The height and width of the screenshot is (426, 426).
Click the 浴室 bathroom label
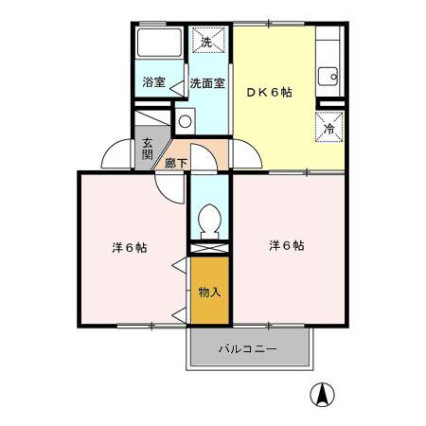(x=154, y=82)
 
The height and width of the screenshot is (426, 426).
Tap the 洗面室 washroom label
(x=206, y=82)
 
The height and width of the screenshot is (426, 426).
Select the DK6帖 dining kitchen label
(x=269, y=92)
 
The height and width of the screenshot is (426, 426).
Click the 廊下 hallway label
(x=176, y=163)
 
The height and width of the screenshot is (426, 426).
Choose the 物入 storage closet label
(x=209, y=293)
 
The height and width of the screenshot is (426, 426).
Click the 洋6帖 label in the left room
(x=128, y=248)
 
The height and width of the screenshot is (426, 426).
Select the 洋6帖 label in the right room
(x=286, y=245)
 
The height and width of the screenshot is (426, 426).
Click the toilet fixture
(x=209, y=221)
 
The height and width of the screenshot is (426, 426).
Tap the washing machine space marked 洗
(x=208, y=42)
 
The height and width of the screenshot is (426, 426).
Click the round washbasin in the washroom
(x=185, y=120)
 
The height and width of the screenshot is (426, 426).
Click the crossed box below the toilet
(x=209, y=248)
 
